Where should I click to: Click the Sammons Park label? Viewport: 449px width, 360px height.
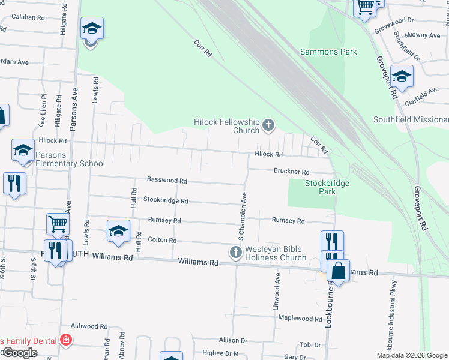point(328,52)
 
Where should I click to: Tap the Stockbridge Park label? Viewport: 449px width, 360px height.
point(328,187)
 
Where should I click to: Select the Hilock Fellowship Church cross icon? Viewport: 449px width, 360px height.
point(268,125)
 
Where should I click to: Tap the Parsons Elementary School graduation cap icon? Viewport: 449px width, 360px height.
point(23,149)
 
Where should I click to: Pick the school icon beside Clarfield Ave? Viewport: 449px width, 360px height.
point(402,76)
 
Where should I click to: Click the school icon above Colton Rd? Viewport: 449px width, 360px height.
point(118,231)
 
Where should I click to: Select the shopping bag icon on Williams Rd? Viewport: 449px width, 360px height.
point(339,271)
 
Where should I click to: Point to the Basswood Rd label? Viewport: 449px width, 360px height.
point(167,180)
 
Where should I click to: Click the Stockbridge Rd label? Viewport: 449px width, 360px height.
point(166,200)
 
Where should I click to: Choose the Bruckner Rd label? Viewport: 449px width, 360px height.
point(291,171)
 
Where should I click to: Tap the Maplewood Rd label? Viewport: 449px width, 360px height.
point(300,318)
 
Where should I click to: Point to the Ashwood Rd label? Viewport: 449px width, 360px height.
point(89,326)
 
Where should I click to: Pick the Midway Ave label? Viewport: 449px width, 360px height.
point(423,35)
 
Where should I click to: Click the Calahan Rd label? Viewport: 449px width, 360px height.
point(28,17)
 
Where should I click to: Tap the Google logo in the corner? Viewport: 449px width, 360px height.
point(20,353)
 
